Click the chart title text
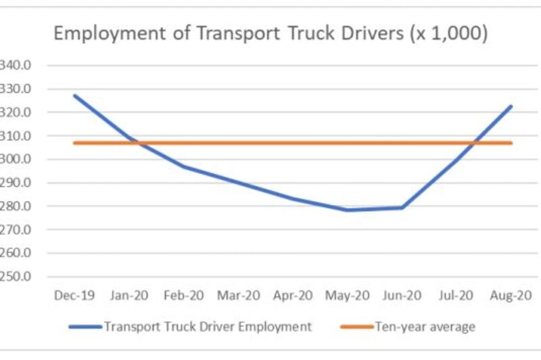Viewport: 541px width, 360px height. [270, 34]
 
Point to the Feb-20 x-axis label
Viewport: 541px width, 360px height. [183, 296]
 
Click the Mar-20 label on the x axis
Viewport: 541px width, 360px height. [238, 296]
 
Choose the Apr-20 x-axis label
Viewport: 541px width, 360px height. [292, 296]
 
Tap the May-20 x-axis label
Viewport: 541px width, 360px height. [348, 296]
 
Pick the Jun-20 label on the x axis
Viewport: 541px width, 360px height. [402, 296]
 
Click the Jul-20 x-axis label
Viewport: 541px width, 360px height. [456, 296]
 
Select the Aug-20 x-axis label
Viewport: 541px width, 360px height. [511, 296]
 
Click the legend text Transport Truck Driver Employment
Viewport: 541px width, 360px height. [208, 327]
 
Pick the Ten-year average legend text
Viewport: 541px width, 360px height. [425, 327]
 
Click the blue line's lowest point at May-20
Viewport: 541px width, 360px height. [348, 210]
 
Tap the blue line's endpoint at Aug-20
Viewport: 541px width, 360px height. [511, 106]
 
